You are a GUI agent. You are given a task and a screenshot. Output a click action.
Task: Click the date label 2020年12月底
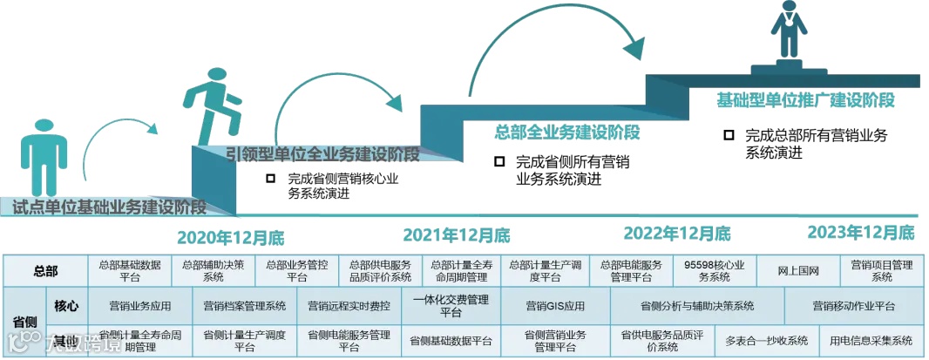230,237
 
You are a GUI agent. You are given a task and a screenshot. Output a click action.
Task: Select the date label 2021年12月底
456,235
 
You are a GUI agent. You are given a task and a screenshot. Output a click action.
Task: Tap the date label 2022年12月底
677,234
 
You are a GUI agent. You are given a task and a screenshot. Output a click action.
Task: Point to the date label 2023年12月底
861,232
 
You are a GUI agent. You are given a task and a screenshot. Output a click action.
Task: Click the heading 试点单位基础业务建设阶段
109,207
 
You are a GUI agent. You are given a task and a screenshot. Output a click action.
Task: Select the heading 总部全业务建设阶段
567,132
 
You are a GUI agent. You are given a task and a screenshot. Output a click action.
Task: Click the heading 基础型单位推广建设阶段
805,99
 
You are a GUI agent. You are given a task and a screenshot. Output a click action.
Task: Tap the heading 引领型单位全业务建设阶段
322,155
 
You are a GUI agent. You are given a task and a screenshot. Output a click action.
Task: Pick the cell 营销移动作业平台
853,306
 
